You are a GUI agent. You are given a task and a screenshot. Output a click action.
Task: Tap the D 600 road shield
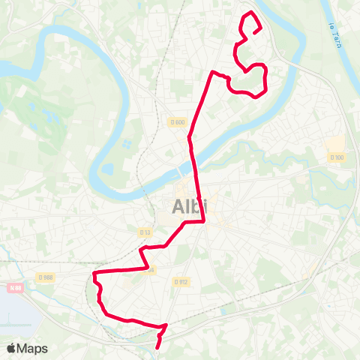click(x=177, y=122)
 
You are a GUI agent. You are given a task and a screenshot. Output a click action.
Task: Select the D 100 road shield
click(x=336, y=157)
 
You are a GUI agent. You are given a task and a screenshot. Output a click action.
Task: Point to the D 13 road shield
click(x=145, y=232)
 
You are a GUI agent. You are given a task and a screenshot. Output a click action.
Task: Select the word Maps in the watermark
click(x=33, y=348)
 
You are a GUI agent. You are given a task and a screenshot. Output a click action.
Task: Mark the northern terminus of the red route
click(x=259, y=31)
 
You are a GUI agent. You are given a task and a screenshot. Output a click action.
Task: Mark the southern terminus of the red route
click(x=157, y=347)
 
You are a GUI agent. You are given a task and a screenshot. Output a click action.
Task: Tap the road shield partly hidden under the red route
click(x=148, y=271)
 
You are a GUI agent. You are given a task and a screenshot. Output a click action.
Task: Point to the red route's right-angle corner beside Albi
click(x=204, y=221)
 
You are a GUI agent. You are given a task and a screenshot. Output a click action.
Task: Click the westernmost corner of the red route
click(x=94, y=275)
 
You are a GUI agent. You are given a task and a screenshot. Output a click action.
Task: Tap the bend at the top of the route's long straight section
click(x=214, y=72)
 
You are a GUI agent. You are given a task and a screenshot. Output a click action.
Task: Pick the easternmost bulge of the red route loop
click(x=267, y=73)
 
